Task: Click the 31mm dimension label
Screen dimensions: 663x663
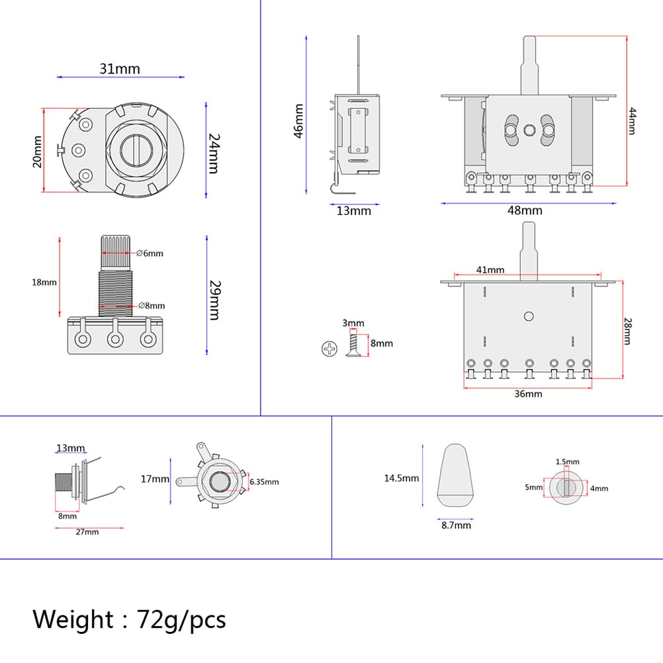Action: point(120,69)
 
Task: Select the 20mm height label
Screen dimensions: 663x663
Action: point(38,152)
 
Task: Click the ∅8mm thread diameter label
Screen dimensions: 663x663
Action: point(152,306)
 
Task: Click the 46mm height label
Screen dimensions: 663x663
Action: point(298,121)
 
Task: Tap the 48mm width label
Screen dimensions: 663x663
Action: point(525,210)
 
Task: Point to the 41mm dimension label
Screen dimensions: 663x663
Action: point(490,269)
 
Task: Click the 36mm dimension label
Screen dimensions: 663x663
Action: point(528,394)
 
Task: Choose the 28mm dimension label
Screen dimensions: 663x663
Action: point(627,330)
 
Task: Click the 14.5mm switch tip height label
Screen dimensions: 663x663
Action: point(402,478)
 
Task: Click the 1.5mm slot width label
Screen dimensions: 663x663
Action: point(567,461)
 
